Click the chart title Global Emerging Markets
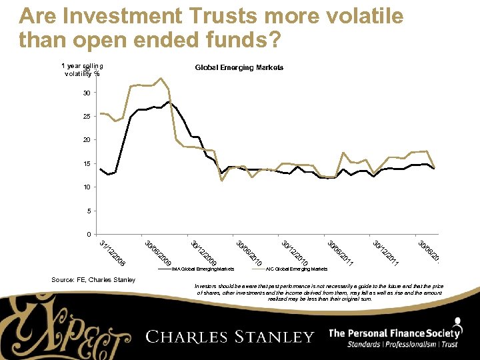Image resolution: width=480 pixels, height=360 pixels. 239,68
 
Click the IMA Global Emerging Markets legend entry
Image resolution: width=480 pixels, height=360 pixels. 203,269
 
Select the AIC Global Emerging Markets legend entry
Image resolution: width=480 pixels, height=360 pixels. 296,269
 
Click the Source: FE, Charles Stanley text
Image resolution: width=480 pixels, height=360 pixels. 93,280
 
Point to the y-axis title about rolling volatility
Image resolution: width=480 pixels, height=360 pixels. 82,70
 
